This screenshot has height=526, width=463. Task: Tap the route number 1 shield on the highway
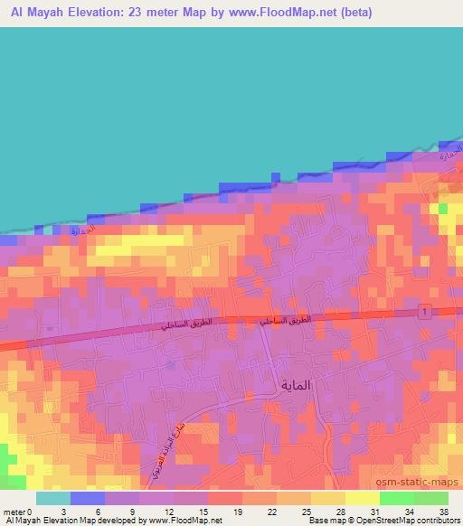pyautogui.click(x=422, y=312)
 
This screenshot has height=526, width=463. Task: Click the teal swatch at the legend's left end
pyautogui.click(x=53, y=498)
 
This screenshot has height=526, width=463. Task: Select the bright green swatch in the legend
pyautogui.click(x=396, y=498)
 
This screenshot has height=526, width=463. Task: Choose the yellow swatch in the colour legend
pyautogui.click(x=362, y=498)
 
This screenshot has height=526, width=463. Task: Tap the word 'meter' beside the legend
pyautogui.click(x=15, y=512)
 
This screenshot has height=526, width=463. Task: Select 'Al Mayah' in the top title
pyautogui.click(x=37, y=12)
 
